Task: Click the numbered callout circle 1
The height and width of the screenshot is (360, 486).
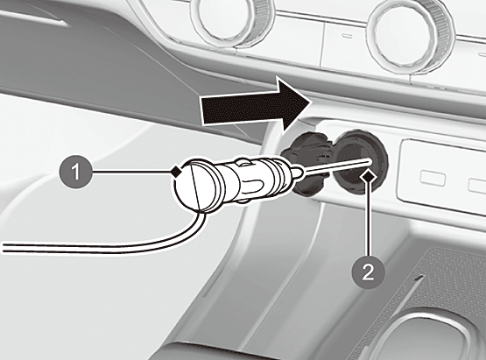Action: point(76,172)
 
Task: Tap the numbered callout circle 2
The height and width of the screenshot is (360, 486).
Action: point(368,272)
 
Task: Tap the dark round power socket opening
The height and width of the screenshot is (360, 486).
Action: point(360,163)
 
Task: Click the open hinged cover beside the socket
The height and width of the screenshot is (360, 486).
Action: point(306,165)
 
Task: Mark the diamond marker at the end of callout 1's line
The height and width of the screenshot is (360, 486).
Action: point(176,172)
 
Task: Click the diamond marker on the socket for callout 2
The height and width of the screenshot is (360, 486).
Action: point(368,178)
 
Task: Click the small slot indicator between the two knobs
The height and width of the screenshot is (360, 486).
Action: point(347,35)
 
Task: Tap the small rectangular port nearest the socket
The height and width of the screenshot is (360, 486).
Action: point(433,179)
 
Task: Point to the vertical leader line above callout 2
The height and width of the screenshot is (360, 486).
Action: point(368,220)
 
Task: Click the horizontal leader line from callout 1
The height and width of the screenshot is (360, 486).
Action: point(131,172)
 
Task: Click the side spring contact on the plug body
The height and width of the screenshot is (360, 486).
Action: point(243,162)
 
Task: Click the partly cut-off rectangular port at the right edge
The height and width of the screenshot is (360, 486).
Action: point(477,186)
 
